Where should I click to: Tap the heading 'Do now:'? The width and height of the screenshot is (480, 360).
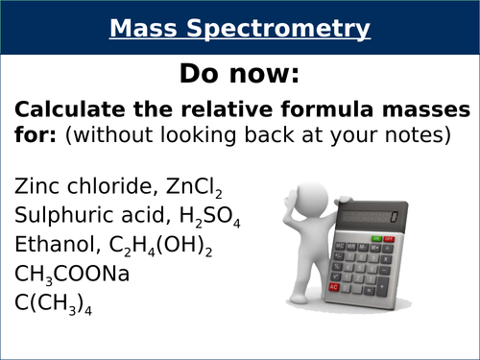click(239, 74)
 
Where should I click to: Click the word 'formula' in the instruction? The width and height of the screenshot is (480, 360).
click(300, 108)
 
